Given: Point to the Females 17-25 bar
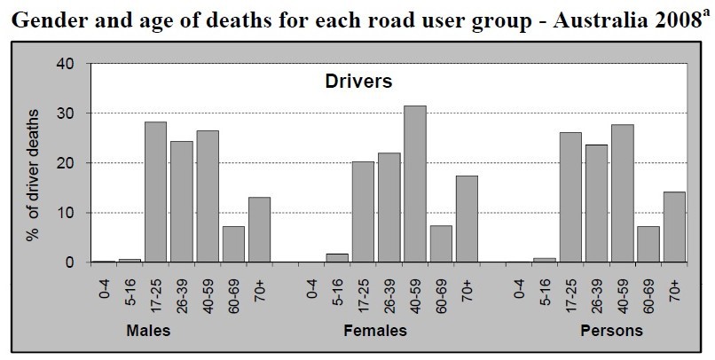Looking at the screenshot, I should tap(362, 212).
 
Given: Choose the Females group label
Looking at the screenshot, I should tap(374, 331).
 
